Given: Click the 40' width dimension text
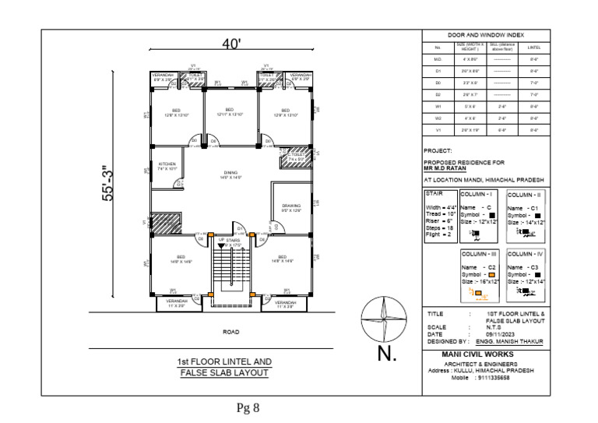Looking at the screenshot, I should point(230,45).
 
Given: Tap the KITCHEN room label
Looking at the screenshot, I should point(167,165).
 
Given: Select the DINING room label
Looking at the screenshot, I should point(230,174).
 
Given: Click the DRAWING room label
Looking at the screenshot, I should point(291,207).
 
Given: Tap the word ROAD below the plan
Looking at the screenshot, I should point(231,332).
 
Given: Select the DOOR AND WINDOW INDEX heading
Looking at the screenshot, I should point(486,35).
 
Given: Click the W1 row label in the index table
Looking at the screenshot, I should point(438,106).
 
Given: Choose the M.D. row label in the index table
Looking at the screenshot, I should point(438,59).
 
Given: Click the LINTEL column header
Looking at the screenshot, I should point(534,47).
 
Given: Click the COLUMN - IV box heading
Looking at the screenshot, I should point(526,254).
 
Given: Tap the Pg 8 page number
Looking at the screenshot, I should point(248,407).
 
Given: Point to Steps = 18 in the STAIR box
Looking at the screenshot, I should point(441,227).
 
